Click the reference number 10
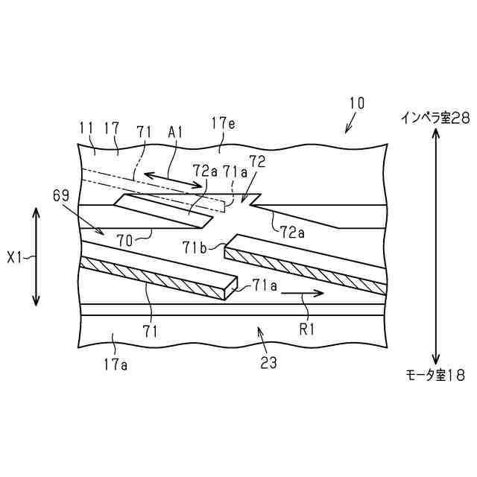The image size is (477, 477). click(356, 103)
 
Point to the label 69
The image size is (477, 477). click(63, 197)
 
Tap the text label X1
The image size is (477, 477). click(16, 258)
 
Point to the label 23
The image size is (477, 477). click(268, 363)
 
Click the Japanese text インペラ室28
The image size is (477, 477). click(436, 117)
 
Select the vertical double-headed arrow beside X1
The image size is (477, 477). click(37, 256)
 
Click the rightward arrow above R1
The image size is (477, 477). click(303, 294)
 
